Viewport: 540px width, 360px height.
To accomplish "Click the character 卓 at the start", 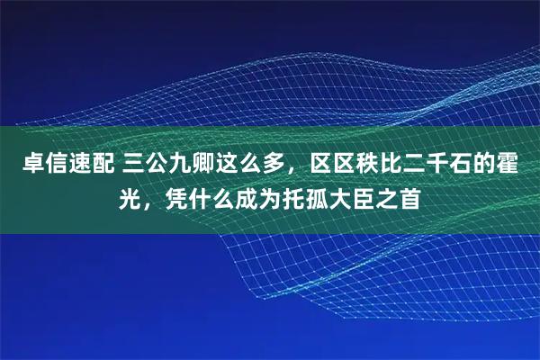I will (x=21, y=166).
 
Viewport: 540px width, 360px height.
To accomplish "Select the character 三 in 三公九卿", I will (x=134, y=166).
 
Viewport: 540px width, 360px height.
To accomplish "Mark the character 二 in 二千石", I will (x=414, y=166).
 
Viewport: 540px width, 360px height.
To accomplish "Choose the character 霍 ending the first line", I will (x=519, y=166).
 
